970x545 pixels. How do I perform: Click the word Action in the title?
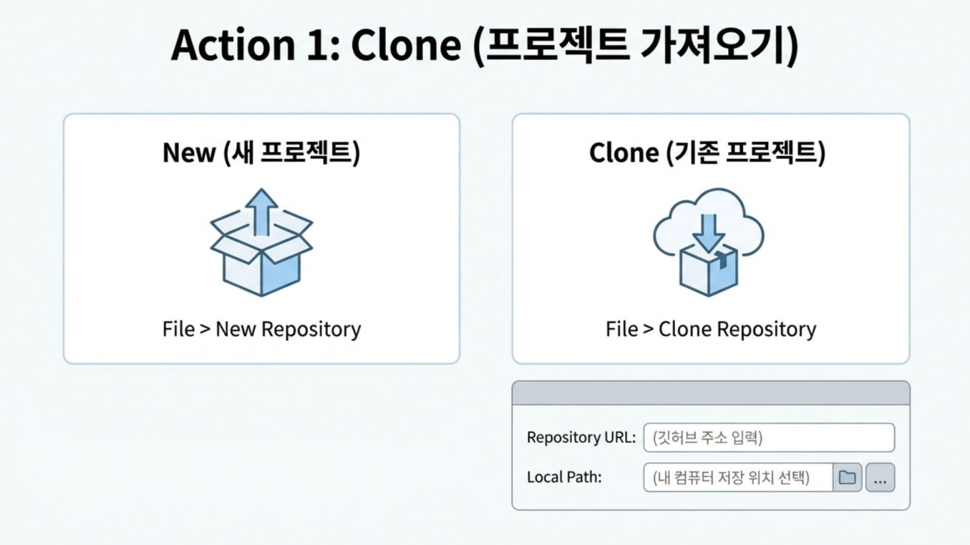(x=233, y=45)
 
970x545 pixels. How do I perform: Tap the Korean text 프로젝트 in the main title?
(x=557, y=45)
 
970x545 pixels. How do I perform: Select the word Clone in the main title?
(x=406, y=45)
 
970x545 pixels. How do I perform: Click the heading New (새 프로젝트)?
(x=261, y=153)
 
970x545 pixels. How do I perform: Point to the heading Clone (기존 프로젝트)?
(x=707, y=153)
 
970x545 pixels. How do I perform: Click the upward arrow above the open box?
(x=261, y=212)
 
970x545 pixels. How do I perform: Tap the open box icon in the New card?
(x=261, y=251)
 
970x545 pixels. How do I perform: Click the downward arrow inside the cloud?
(x=709, y=233)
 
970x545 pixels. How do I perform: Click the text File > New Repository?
(x=261, y=329)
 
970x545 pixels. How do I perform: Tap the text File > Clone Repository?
(x=711, y=329)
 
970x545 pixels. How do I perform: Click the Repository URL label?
(x=581, y=437)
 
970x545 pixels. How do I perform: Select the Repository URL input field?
(x=769, y=438)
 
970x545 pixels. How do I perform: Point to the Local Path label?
(x=564, y=477)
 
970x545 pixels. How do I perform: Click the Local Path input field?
(x=738, y=478)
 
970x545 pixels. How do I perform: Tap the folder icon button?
(x=847, y=478)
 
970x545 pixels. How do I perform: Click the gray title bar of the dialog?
(x=711, y=393)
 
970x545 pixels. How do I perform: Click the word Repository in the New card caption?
(x=311, y=329)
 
